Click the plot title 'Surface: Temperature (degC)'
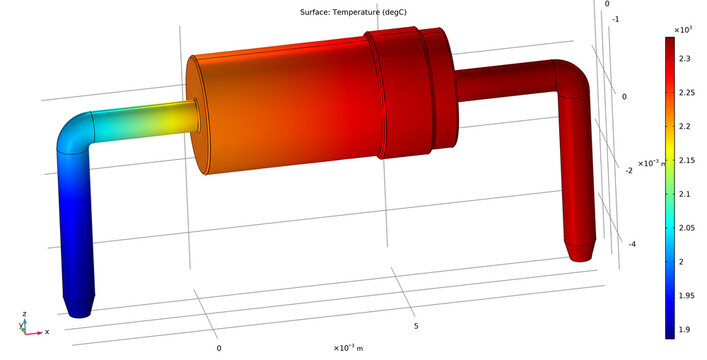click(x=353, y=12)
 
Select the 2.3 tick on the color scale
click(x=689, y=59)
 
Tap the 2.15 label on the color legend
click(x=690, y=160)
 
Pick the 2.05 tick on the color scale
click(x=690, y=227)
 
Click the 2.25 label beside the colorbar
click(x=690, y=93)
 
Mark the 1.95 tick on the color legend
click(x=690, y=295)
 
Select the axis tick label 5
click(x=415, y=326)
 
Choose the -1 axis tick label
click(x=615, y=47)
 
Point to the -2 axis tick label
click(x=628, y=171)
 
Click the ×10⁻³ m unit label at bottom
click(x=348, y=347)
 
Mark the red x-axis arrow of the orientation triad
click(x=37, y=330)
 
